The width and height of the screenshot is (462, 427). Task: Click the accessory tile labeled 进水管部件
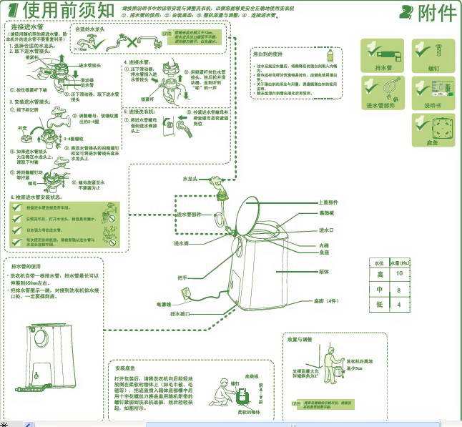click(381, 93)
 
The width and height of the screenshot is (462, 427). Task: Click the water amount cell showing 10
click(400, 274)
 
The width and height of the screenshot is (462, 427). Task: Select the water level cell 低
click(380, 305)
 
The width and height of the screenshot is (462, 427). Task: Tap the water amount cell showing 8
click(400, 290)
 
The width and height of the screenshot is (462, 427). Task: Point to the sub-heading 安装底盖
click(126, 367)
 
